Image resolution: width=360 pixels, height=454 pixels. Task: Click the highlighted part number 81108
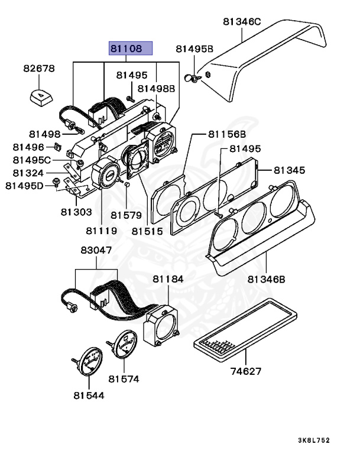130,48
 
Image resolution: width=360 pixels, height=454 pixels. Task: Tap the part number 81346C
242,22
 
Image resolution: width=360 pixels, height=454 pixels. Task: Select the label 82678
39,69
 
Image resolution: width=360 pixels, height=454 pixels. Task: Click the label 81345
289,170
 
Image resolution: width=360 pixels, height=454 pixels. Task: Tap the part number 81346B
267,279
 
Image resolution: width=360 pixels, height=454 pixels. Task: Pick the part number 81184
168,278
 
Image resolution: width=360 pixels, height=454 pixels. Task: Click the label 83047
96,251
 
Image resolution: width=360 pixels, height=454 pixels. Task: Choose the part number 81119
101,231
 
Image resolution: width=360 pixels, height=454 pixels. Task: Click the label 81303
76,211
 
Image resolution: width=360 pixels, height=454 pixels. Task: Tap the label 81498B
157,89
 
